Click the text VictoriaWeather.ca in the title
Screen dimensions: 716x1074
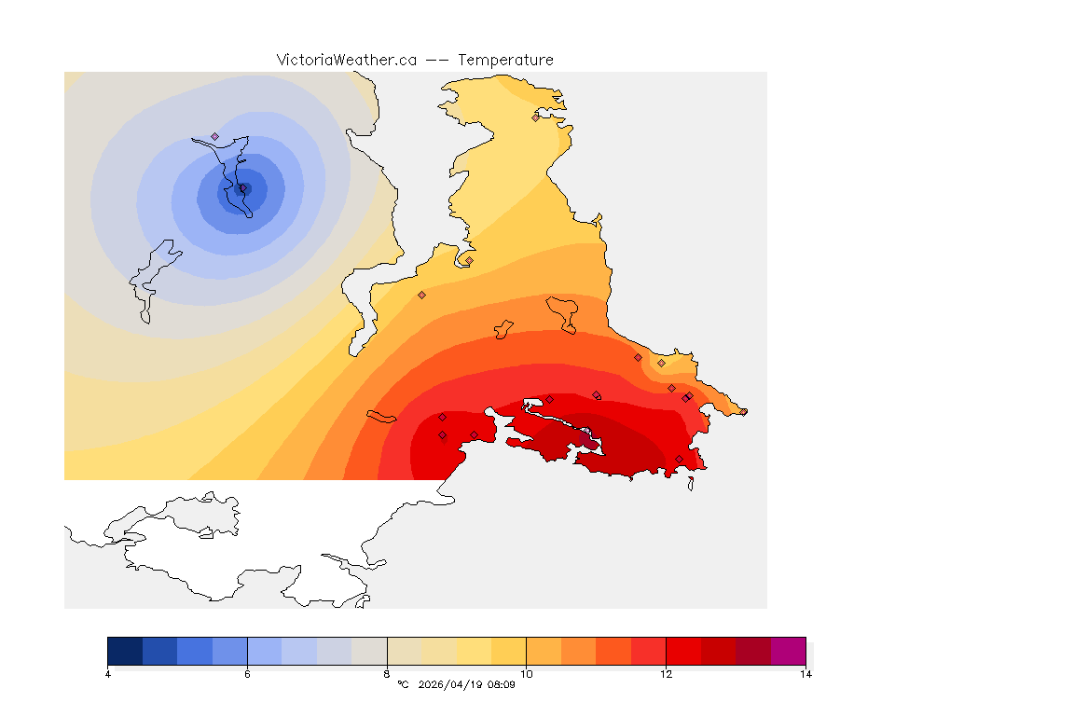(346, 60)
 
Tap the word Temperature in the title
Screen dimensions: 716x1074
(505, 60)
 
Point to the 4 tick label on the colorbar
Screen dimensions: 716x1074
(108, 674)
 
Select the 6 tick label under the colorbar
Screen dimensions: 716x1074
(247, 674)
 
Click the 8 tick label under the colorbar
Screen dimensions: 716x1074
(387, 674)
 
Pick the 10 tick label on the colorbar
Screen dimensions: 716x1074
(526, 674)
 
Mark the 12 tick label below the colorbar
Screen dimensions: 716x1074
(666, 674)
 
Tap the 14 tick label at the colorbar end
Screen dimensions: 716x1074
(805, 674)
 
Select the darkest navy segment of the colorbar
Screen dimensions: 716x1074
(125, 650)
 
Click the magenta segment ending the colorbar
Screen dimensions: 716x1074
(788, 650)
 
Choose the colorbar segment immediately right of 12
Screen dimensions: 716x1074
(683, 650)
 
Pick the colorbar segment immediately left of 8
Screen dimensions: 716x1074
(369, 650)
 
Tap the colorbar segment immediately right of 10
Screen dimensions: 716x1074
(544, 650)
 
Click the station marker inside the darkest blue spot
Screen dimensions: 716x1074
(242, 187)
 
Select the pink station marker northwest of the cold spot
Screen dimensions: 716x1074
(214, 136)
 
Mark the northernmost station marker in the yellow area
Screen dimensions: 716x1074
(535, 117)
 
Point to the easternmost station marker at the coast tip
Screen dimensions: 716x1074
(744, 411)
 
